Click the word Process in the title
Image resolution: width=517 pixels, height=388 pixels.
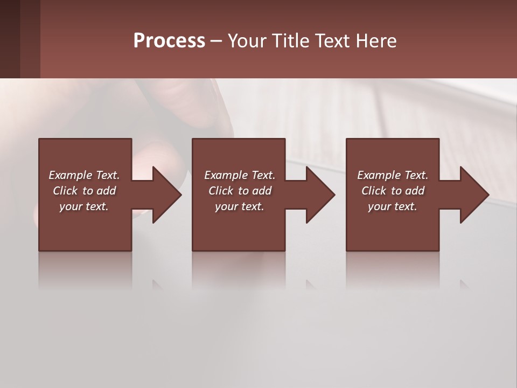click(x=169, y=41)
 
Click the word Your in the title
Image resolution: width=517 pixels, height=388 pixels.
click(x=248, y=41)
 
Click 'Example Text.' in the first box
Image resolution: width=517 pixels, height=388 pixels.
click(x=84, y=175)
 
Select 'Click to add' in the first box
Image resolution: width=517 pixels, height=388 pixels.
click(x=84, y=191)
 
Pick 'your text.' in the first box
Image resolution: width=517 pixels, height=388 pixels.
click(x=84, y=206)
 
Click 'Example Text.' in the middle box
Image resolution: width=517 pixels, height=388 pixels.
click(x=239, y=175)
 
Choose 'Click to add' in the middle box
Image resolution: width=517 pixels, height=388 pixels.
click(x=239, y=191)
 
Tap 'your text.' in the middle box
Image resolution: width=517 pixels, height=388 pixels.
click(x=239, y=206)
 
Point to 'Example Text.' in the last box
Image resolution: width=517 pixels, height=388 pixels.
click(x=393, y=175)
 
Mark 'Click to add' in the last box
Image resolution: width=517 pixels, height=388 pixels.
click(x=393, y=191)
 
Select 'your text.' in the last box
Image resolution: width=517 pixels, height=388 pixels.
click(x=393, y=206)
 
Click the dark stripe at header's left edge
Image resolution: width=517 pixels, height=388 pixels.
click(x=10, y=39)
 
